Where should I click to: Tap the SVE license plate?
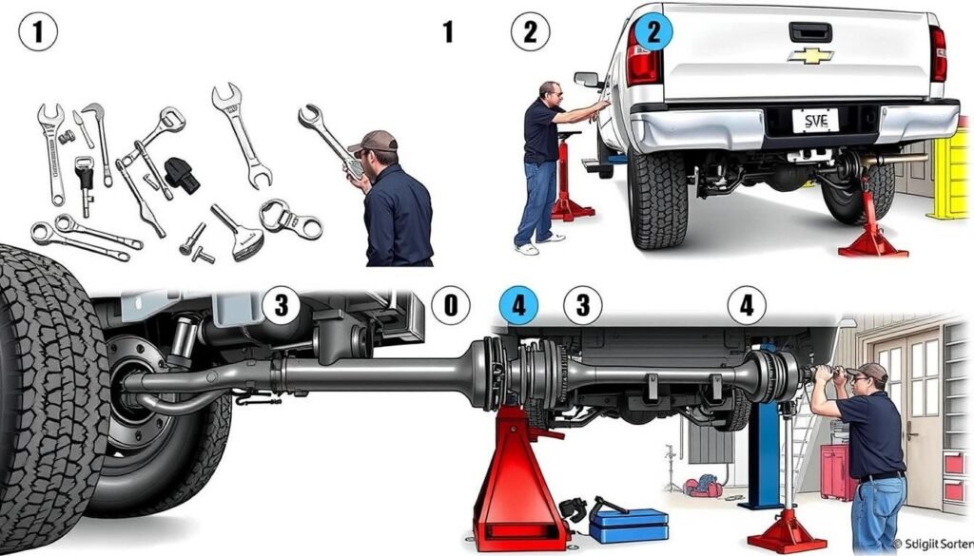click(816, 121)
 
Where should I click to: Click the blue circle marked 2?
click(653, 31)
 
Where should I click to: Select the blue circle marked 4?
click(518, 306)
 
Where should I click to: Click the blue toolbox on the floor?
click(628, 525)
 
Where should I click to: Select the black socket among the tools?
click(182, 176)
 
